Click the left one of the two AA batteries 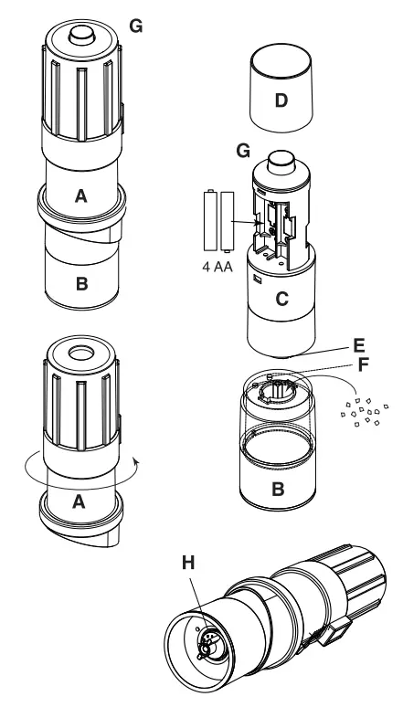[208, 220]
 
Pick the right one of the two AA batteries [226, 220]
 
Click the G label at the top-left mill [136, 26]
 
